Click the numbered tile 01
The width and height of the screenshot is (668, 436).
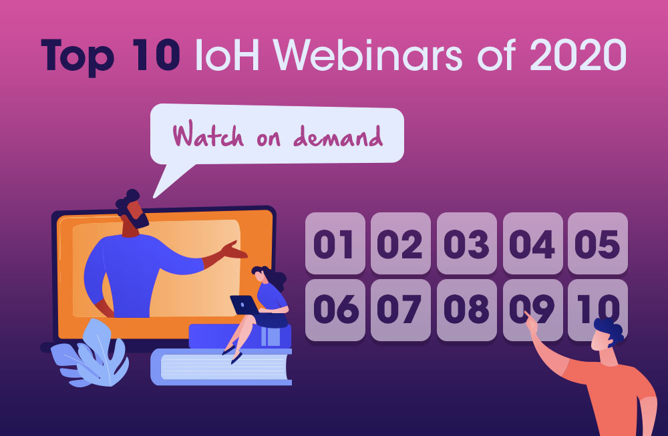(335, 243)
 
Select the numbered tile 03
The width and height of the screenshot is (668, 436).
(467, 243)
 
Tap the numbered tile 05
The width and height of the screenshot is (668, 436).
(598, 243)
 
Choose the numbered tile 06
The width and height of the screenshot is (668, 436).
(335, 310)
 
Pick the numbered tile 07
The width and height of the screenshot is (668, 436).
(400, 310)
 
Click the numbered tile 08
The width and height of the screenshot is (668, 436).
(467, 310)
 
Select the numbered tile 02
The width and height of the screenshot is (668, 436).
(400, 243)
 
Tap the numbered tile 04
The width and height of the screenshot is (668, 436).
(532, 243)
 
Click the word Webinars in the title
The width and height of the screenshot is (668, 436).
(367, 55)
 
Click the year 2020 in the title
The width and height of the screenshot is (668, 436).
(578, 55)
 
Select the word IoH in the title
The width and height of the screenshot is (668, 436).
(227, 55)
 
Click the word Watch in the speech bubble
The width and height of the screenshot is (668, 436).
(208, 135)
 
